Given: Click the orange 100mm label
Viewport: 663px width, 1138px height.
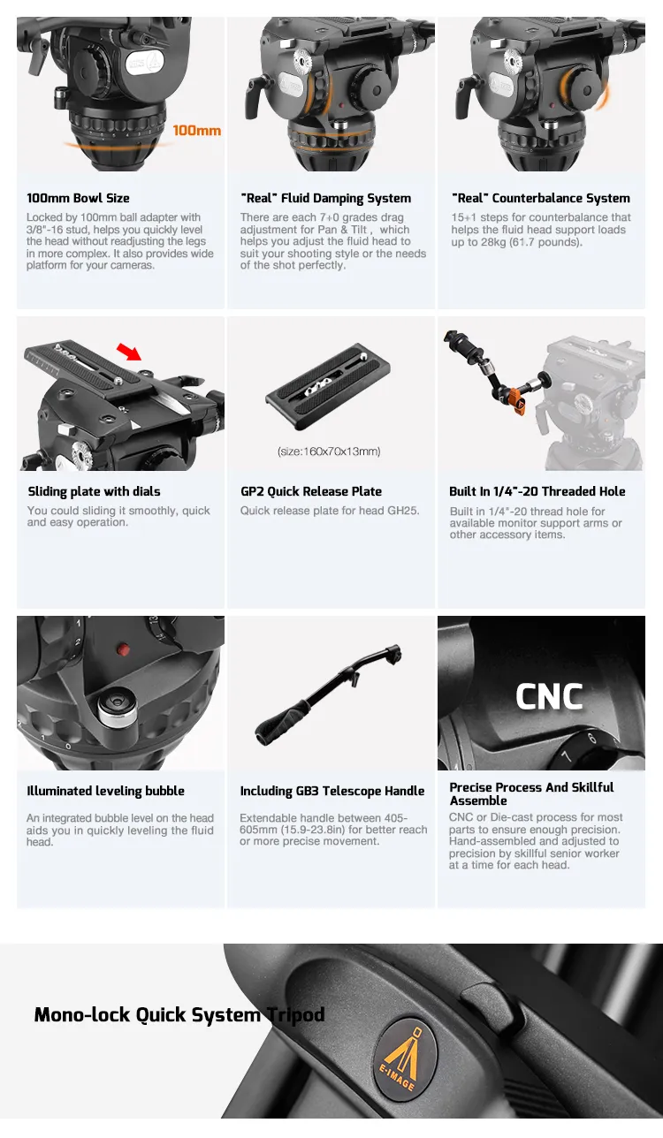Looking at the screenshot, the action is pos(197,131).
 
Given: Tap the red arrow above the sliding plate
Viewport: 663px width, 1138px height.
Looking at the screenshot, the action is pos(129,351).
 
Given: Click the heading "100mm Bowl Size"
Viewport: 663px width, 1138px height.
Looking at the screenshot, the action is pos(78,198).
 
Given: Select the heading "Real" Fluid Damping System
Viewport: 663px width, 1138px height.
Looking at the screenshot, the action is pos(326,198).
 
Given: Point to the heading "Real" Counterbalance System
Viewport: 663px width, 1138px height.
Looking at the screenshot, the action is pos(541,198).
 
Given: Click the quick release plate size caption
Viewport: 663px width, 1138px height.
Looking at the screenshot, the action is pos(329,451).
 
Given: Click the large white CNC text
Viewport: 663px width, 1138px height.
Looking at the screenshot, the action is pos(549,696).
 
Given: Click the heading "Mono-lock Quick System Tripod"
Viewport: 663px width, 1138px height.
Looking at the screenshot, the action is pos(179,1014).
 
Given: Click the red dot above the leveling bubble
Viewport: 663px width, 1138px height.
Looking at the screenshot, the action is pos(123,649).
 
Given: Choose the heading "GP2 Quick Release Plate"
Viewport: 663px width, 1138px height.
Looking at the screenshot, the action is pos(311,491).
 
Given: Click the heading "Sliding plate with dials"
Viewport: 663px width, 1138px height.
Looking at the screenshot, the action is pos(94,491).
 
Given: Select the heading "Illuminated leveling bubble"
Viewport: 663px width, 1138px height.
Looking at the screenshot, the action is pos(106,791).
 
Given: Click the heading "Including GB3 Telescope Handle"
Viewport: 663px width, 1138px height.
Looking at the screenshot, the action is pos(332,791).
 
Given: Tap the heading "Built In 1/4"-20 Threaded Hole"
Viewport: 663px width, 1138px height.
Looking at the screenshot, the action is pos(537,491).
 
